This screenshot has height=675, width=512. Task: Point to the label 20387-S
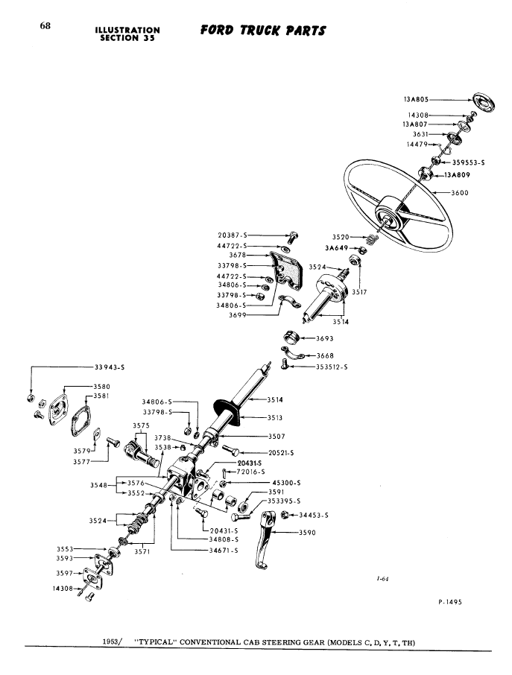[232, 235]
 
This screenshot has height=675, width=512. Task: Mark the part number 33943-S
[110, 366]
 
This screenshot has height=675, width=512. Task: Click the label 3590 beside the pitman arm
[307, 532]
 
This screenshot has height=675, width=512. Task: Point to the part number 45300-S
[288, 482]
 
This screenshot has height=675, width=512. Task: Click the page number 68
[45, 26]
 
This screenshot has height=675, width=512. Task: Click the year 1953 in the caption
[113, 641]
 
